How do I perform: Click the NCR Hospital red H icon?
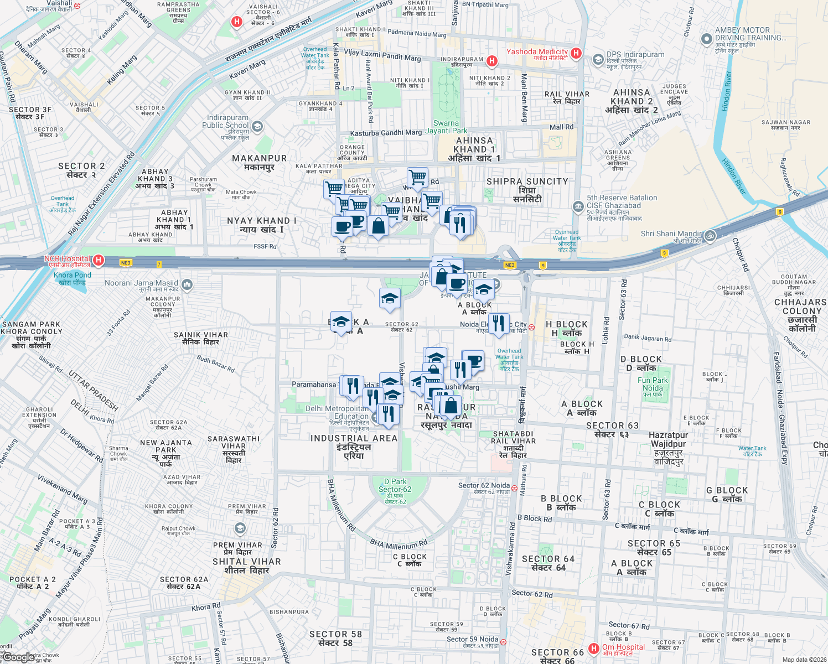click(99, 260)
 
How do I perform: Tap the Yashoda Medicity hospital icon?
click(576, 53)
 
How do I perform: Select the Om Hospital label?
click(623, 647)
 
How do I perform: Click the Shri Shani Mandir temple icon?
click(710, 236)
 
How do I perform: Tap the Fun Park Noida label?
click(653, 384)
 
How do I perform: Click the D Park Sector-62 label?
click(395, 485)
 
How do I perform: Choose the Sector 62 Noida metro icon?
click(515, 488)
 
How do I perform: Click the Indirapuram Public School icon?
click(256, 126)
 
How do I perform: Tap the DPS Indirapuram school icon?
click(598, 59)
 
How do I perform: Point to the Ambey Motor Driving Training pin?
click(706, 39)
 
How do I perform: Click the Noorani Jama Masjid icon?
click(187, 285)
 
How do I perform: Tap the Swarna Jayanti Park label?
click(446, 127)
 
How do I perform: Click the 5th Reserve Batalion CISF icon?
click(578, 207)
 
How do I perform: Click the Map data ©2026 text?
click(803, 660)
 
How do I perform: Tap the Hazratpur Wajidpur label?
click(668, 444)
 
